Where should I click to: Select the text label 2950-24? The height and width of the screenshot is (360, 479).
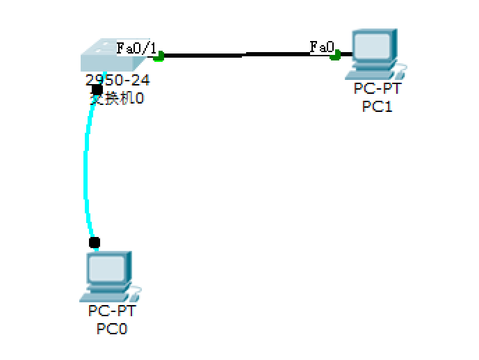117,80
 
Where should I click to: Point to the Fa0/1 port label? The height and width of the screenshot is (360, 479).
136,48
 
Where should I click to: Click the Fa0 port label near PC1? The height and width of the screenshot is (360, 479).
322,47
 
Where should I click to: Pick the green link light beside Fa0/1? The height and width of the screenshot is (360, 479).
159,56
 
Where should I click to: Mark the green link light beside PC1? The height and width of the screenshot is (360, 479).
336,54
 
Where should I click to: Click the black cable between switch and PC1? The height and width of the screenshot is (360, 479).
243,54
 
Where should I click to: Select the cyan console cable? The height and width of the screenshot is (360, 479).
86,167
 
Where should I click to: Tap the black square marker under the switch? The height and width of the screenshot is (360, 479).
97,90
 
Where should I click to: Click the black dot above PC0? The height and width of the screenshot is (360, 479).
95,242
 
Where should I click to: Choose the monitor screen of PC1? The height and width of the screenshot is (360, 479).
373,46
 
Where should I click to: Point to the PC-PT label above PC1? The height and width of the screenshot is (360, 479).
377,89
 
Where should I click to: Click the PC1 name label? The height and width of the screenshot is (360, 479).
377,106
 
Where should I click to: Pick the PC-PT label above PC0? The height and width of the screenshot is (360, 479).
112,311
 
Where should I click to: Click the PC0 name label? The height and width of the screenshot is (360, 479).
112,328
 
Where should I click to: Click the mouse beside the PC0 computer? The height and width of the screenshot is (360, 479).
135,291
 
